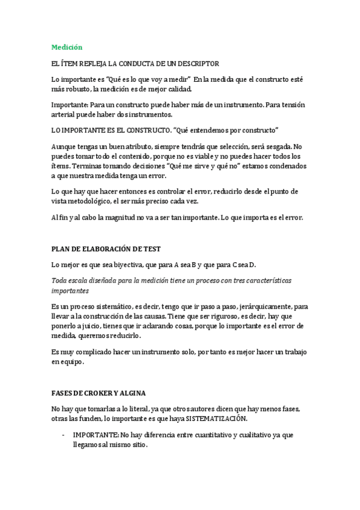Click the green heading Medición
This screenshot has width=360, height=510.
(x=67, y=47)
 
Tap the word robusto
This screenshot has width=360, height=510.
(x=82, y=90)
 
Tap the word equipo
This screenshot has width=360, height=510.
(x=72, y=362)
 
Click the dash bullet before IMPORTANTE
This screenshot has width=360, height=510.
(x=64, y=435)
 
